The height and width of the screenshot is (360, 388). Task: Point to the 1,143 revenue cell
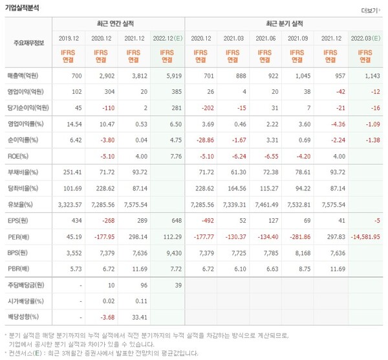coord(369,76)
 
